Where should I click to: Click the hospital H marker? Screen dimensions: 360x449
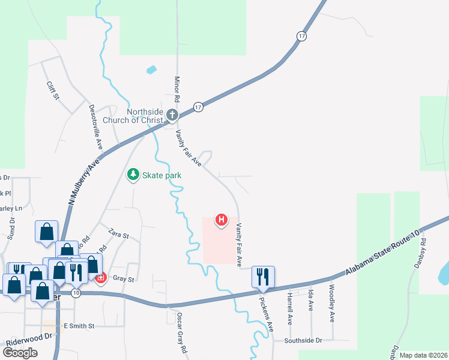221,220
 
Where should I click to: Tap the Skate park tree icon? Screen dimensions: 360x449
133,175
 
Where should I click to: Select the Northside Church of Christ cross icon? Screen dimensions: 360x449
172,115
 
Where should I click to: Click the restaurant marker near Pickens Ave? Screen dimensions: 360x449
263,277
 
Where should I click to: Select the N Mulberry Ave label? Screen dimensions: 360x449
84,182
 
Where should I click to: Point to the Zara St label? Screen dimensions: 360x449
119,233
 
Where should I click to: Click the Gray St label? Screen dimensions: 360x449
122,279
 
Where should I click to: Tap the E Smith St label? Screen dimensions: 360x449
79,326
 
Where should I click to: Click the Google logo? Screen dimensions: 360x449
20,352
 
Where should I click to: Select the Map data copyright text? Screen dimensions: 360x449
423,355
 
